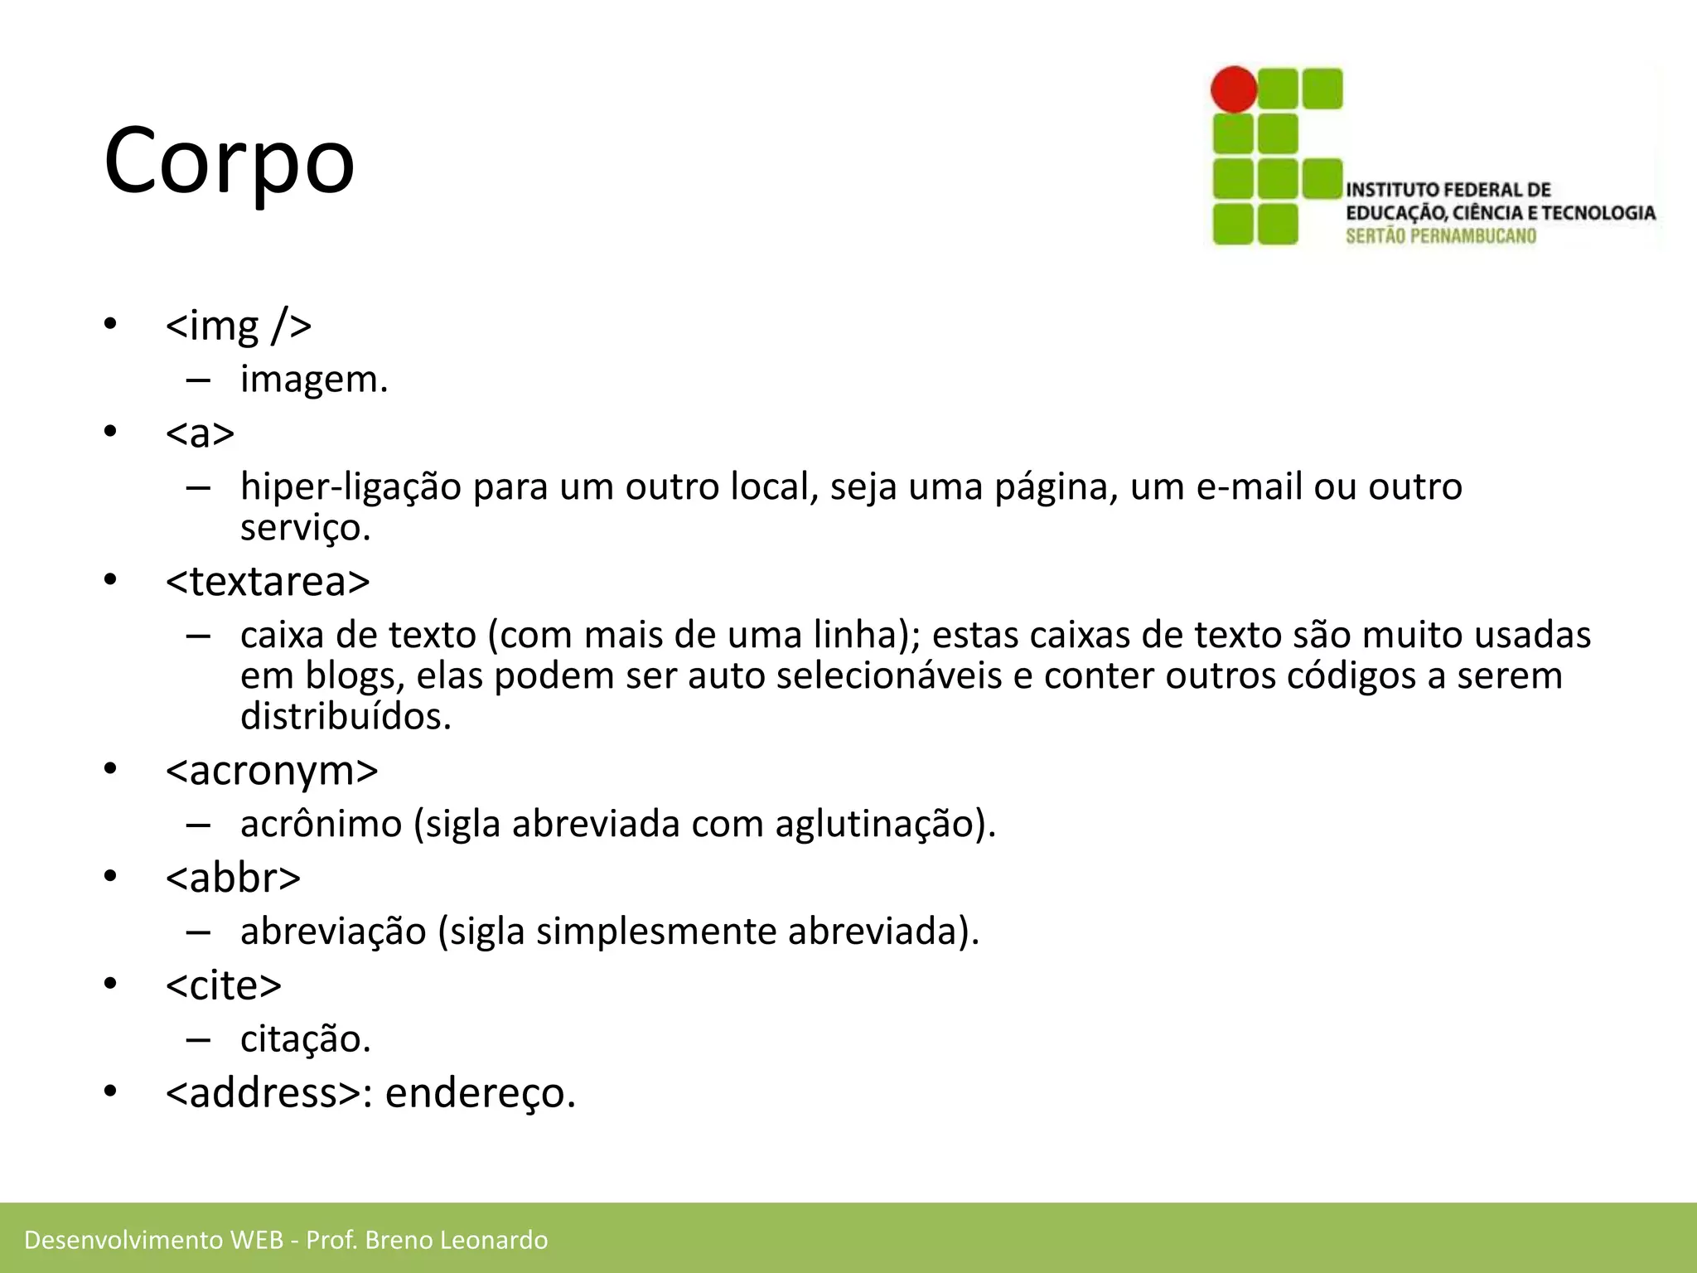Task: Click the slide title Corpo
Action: [230, 160]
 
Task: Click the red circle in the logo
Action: [1234, 90]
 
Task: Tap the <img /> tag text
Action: [239, 325]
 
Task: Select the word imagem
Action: [313, 380]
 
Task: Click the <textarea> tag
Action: [268, 582]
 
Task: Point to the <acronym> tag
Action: [272, 771]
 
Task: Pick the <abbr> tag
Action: [233, 878]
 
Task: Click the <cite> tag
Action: [224, 985]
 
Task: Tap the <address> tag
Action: [263, 1092]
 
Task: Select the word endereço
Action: [480, 1092]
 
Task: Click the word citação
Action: [305, 1039]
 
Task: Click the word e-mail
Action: [1250, 486]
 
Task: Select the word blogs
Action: [355, 676]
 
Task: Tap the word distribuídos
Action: [346, 717]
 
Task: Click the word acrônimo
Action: [321, 824]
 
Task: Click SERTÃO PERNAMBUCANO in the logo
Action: [1441, 236]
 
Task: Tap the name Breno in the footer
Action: [399, 1240]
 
